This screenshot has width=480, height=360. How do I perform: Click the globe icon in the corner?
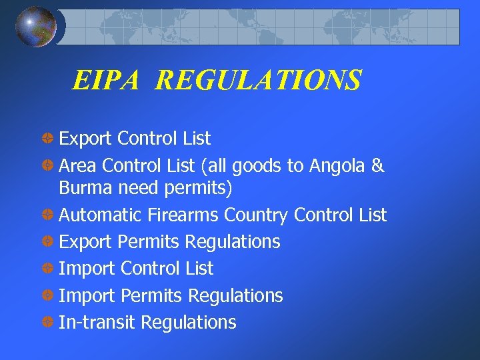[x=36, y=27]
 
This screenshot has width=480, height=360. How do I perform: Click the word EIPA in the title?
[x=106, y=81]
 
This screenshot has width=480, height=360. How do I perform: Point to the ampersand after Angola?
[x=378, y=165]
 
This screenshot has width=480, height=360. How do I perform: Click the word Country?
[x=256, y=216]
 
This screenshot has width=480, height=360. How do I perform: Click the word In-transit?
[x=97, y=323]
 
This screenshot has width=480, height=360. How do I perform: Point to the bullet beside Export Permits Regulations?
[x=48, y=241]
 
